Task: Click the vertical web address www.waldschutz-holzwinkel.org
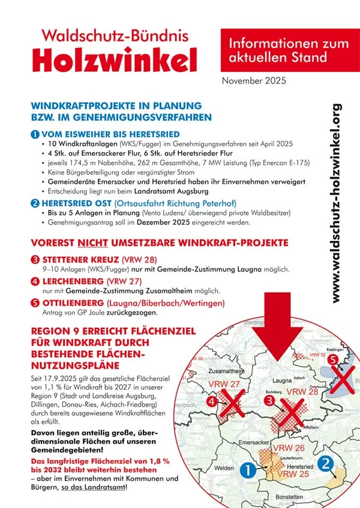[x=337, y=203]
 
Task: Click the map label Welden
[x=223, y=468]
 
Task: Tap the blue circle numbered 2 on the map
[x=325, y=464]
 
